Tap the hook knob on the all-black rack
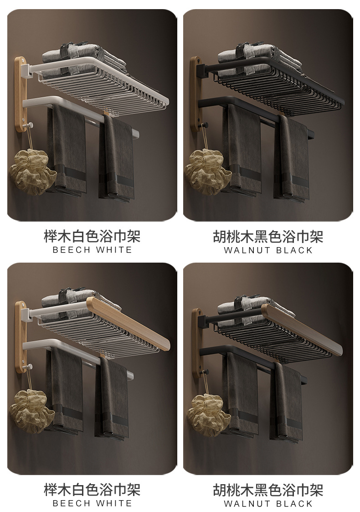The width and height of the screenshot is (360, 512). point(205,124)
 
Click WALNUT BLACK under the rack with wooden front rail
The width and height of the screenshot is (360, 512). point(268,504)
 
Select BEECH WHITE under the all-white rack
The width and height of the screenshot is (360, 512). point(92,250)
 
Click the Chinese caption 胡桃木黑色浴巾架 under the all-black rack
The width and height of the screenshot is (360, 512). point(268,237)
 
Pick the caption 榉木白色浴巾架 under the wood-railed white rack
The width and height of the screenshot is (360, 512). point(92,490)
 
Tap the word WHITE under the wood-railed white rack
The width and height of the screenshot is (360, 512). point(114,504)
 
